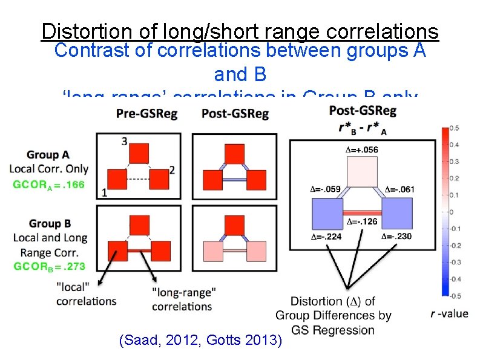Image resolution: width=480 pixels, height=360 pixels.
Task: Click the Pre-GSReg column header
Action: pos(147,114)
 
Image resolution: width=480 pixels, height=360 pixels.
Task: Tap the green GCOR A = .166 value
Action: pos(49,185)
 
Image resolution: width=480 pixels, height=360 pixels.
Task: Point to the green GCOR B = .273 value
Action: pos(49,266)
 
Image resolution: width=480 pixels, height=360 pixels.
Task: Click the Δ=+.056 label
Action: pos(362,149)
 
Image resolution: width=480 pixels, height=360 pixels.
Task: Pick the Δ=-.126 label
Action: pos(362,221)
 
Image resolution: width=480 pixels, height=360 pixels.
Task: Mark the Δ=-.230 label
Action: pos(396,237)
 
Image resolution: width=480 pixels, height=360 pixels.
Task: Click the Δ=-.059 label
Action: pos(325,189)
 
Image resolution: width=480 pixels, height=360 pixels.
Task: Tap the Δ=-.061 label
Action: pos(399,189)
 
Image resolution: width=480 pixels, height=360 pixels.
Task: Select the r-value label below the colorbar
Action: pos(449,313)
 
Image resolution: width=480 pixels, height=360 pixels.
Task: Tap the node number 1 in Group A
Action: pos(105,193)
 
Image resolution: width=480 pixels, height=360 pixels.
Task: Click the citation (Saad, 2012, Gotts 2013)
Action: pos(202,341)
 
